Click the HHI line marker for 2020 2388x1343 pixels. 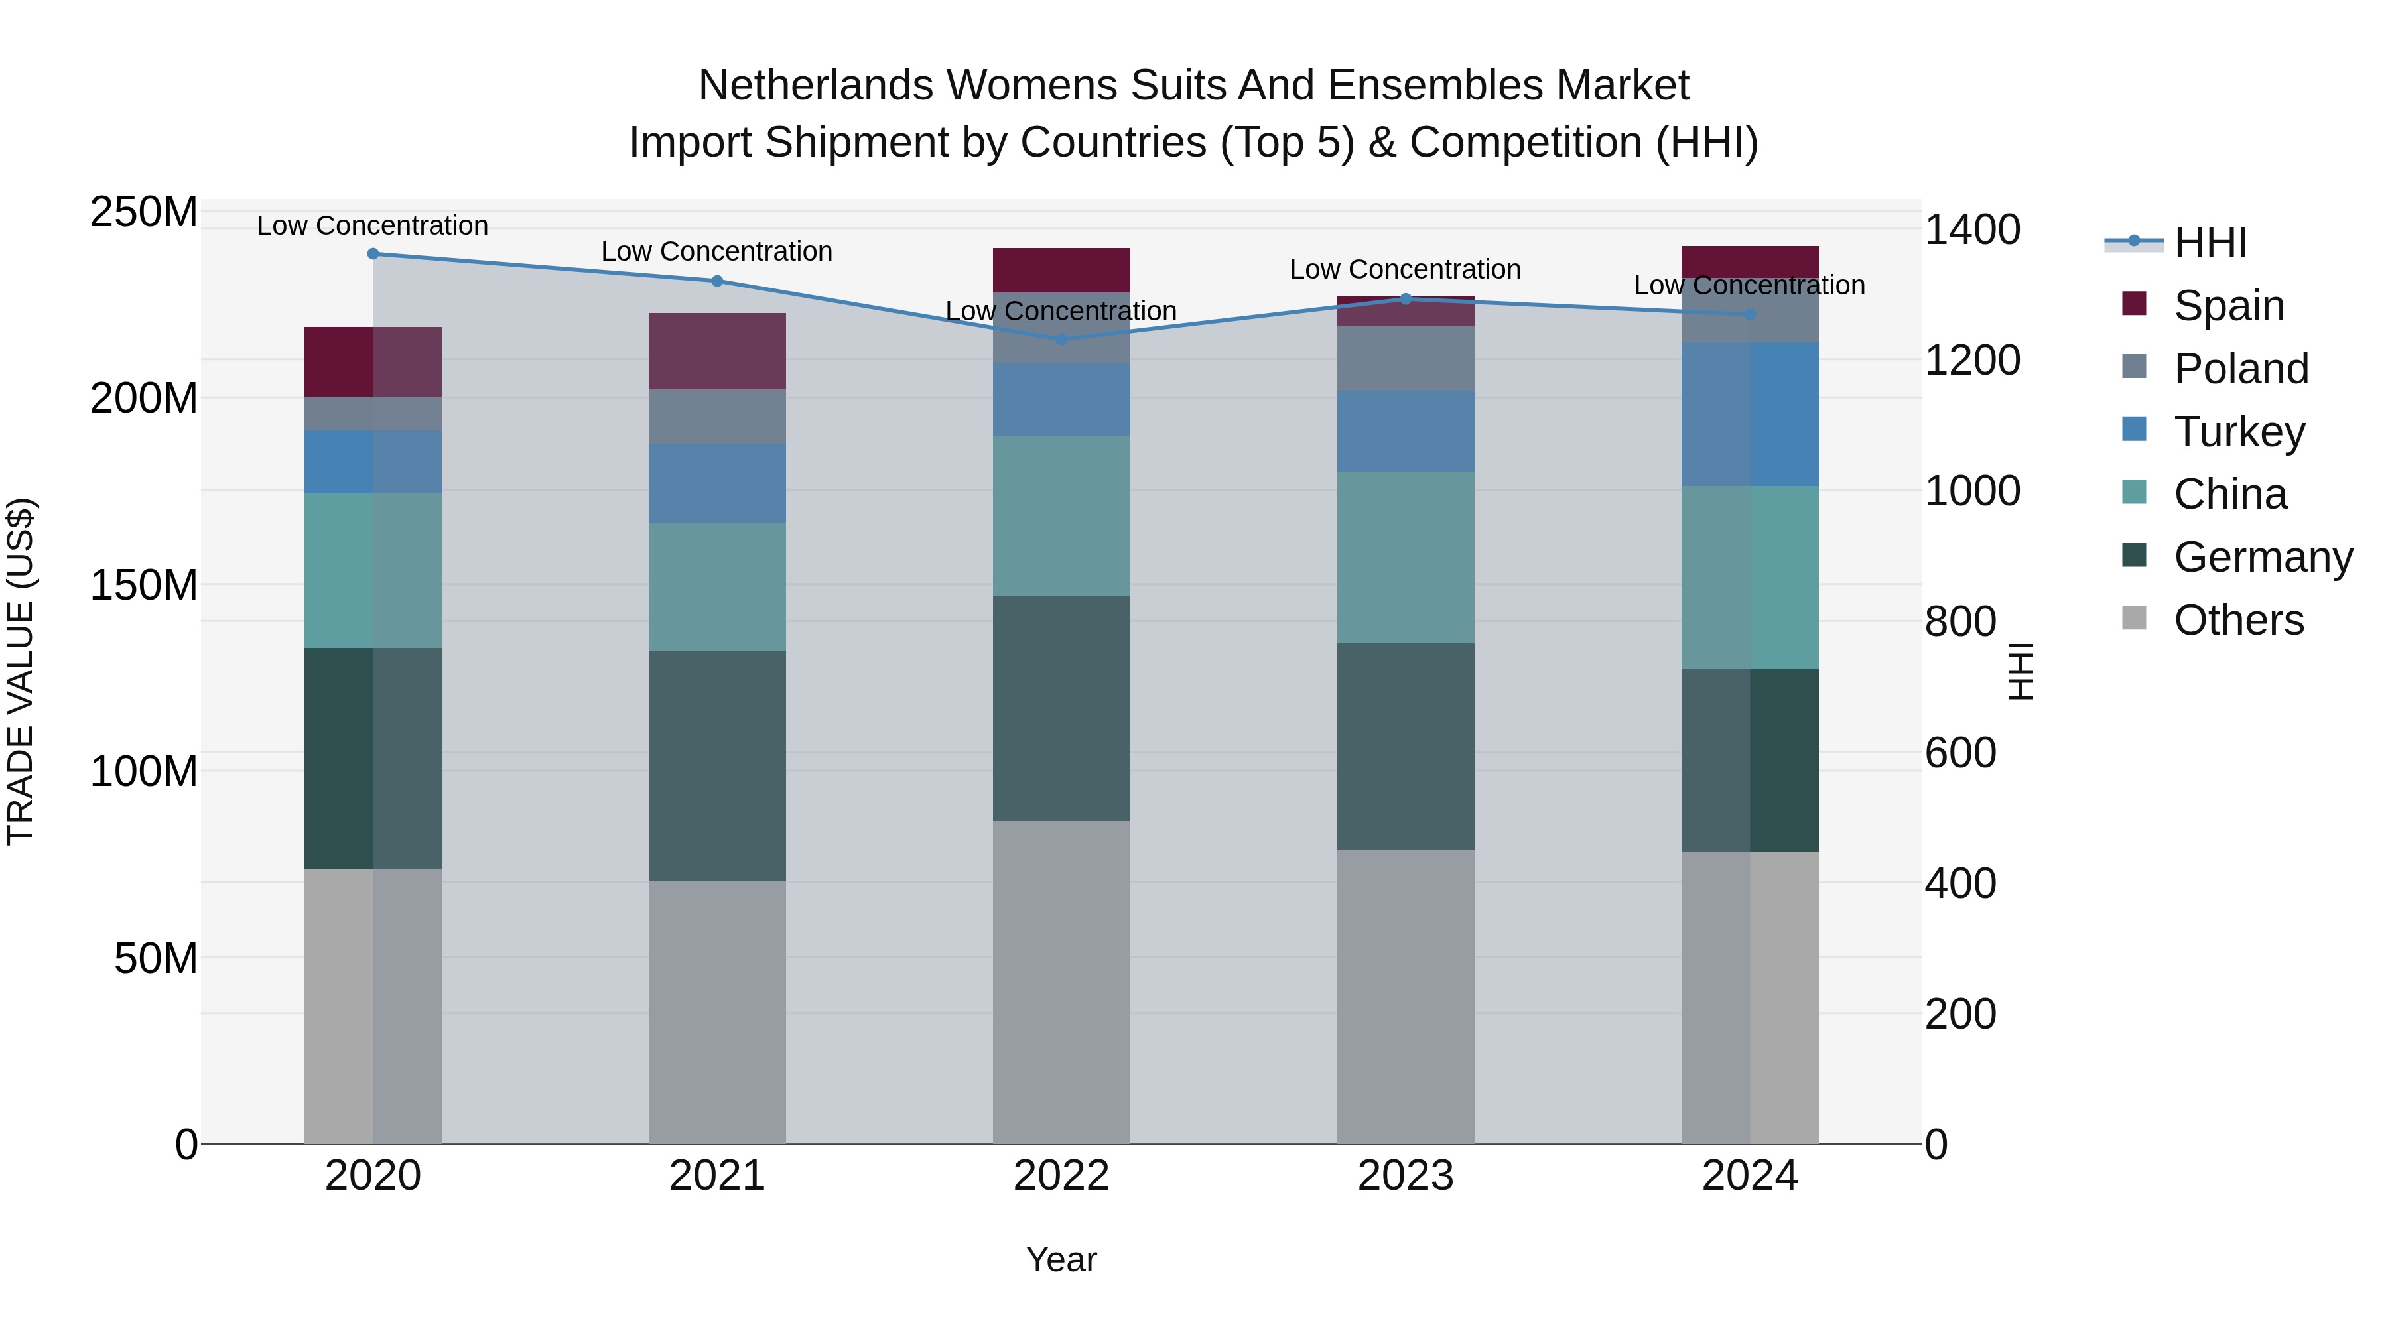(373, 254)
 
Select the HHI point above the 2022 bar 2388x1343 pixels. (1061, 339)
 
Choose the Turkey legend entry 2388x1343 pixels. (2238, 432)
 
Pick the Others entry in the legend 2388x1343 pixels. (2238, 620)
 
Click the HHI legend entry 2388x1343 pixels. (2210, 243)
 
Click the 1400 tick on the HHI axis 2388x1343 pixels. (1972, 230)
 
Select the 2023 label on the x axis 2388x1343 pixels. (1406, 1176)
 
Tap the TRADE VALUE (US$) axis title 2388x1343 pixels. (21, 671)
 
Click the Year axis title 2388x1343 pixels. (1061, 1259)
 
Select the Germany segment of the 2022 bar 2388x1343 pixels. (1061, 708)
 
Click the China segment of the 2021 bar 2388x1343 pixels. (716, 587)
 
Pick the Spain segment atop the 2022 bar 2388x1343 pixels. (1061, 270)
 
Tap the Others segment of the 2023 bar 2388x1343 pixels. (1406, 996)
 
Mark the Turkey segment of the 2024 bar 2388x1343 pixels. (1749, 415)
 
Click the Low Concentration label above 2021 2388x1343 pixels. (716, 251)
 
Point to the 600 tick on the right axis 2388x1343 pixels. (1959, 753)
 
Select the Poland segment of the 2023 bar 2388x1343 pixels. (1406, 359)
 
